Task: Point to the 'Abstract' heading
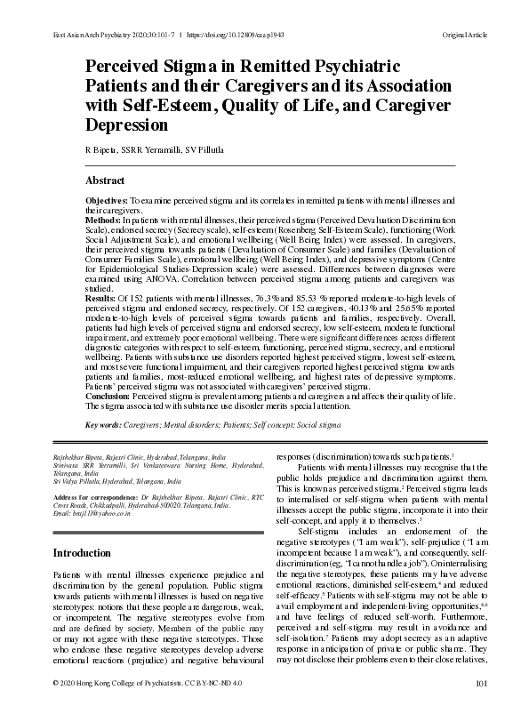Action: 105,180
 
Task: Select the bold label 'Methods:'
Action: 103,219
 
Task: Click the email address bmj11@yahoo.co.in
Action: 93,516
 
